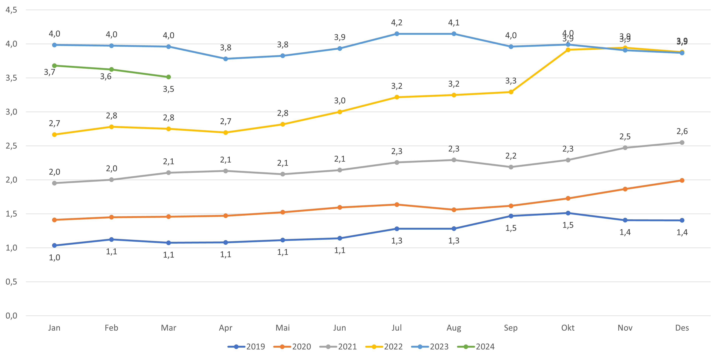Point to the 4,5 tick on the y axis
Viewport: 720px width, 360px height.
[11, 10]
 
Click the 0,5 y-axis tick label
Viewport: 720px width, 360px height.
[11, 282]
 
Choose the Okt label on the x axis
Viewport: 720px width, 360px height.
[568, 328]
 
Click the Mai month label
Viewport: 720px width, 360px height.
[283, 328]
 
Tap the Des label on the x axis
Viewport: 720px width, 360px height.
[682, 328]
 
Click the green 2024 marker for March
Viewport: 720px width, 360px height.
[168, 77]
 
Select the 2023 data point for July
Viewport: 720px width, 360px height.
[397, 34]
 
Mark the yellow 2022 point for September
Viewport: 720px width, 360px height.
[511, 92]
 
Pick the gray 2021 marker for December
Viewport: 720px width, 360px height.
[682, 143]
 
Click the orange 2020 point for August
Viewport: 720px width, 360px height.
[454, 210]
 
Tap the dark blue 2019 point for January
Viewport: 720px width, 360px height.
[54, 245]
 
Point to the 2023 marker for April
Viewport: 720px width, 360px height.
[226, 59]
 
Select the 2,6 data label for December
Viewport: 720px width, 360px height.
[682, 131]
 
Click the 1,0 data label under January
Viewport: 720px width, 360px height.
[54, 258]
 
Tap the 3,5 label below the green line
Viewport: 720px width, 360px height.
[168, 89]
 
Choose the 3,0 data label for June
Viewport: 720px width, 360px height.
[340, 101]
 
